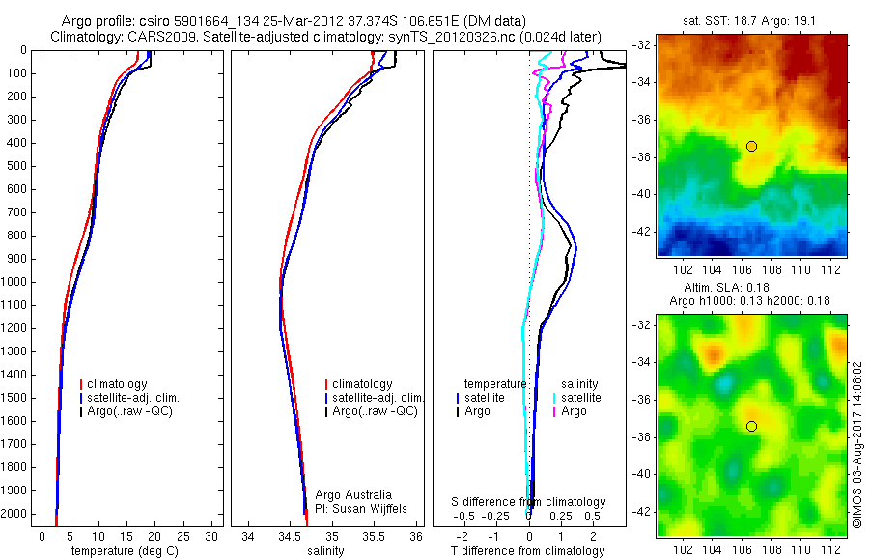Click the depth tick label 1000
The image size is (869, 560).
pyautogui.click(x=14, y=282)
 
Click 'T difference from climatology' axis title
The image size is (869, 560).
pyautogui.click(x=528, y=551)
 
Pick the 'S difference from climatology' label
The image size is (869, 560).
pyautogui.click(x=529, y=502)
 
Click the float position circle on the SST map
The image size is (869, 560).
pyautogui.click(x=751, y=146)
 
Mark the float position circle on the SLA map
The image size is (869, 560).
pyautogui.click(x=751, y=426)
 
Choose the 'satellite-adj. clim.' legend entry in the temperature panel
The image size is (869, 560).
pyautogui.click(x=141, y=398)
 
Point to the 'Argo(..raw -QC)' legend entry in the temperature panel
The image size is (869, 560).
pyautogui.click(x=135, y=411)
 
